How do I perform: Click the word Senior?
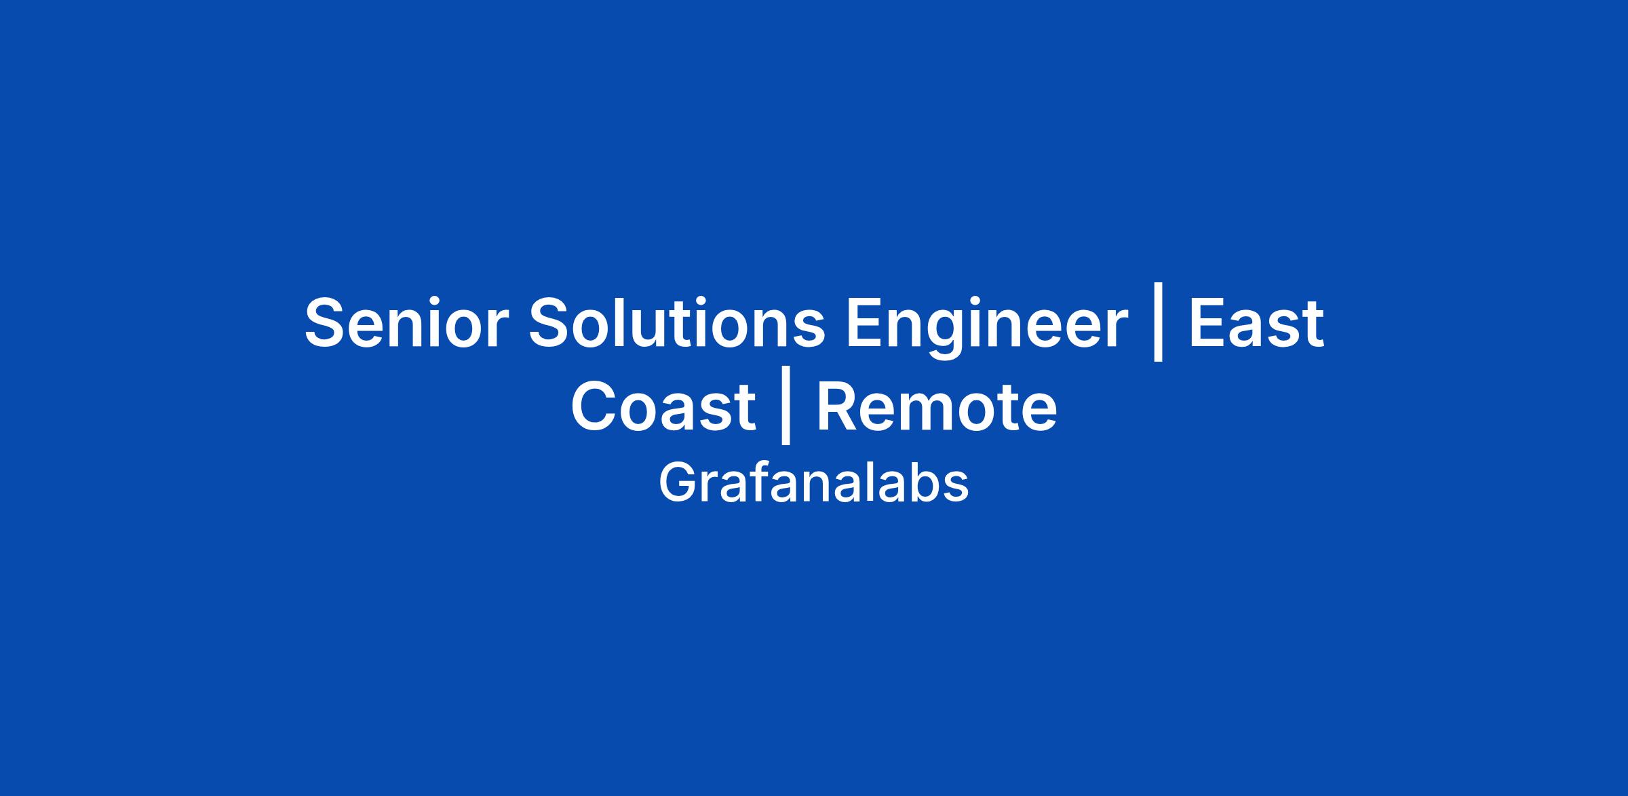point(406,323)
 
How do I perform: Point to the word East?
point(1256,323)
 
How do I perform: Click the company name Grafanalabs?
point(813,482)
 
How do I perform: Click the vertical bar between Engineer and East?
point(1158,326)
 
